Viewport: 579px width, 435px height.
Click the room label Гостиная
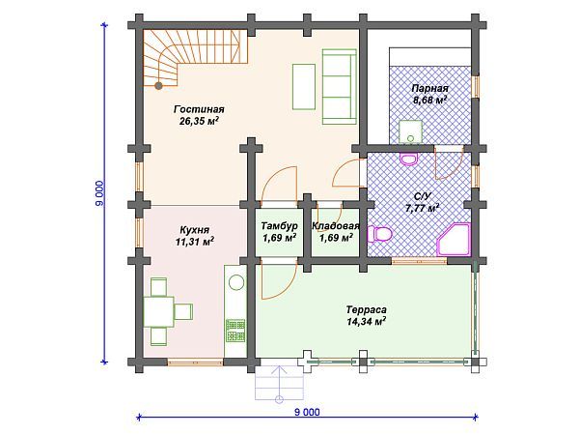coord(199,109)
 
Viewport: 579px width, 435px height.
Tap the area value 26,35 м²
coord(199,121)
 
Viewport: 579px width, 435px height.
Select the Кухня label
coord(195,230)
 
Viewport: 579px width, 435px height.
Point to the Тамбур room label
coord(279,225)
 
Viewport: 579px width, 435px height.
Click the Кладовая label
coord(336,225)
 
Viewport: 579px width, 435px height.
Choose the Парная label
coord(429,88)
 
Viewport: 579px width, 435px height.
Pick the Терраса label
coord(367,309)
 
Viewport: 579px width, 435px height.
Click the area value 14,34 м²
coord(367,321)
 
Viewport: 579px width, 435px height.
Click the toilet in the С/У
coord(377,234)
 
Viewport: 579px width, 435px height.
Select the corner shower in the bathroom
coord(454,240)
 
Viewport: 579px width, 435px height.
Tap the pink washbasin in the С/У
coord(409,159)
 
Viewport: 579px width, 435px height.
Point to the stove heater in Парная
coord(410,131)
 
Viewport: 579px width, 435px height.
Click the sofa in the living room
coord(339,87)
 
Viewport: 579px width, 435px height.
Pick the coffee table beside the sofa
coord(304,87)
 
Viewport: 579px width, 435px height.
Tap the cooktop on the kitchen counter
coord(235,331)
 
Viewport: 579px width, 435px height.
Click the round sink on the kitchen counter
coord(236,283)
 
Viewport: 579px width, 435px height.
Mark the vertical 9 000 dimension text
coord(99,193)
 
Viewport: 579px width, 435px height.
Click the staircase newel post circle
coord(158,86)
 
